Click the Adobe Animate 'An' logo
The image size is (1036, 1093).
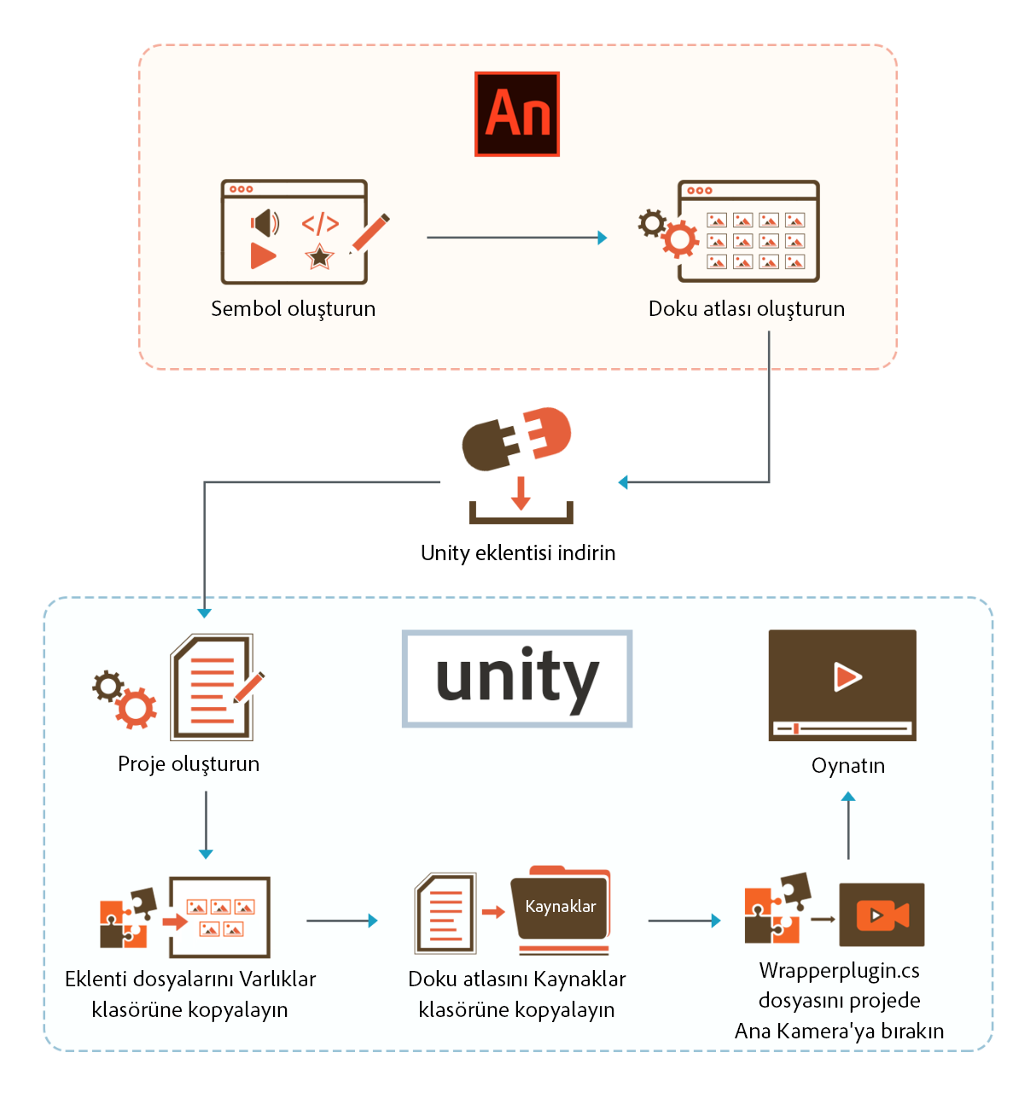[517, 114]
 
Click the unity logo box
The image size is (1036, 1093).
[517, 679]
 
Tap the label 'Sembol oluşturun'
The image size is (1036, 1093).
[293, 309]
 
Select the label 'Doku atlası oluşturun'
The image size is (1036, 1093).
[746, 309]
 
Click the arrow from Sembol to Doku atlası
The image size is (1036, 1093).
[516, 237]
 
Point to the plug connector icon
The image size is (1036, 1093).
[516, 437]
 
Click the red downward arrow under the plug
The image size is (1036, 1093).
[521, 494]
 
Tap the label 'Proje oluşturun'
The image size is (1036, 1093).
[189, 764]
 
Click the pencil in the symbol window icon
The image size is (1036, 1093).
[370, 232]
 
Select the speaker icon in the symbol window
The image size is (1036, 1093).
[265, 224]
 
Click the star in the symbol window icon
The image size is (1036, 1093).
[319, 255]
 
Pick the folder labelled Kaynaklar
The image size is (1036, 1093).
[562, 908]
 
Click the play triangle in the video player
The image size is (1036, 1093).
[847, 677]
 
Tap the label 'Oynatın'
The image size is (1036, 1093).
[847, 766]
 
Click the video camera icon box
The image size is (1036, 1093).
[882, 915]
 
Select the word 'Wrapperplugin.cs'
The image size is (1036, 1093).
[839, 971]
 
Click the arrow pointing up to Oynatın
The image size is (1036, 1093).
[848, 825]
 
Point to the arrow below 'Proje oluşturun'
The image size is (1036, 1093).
[206, 824]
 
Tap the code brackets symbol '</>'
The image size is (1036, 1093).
[320, 224]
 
